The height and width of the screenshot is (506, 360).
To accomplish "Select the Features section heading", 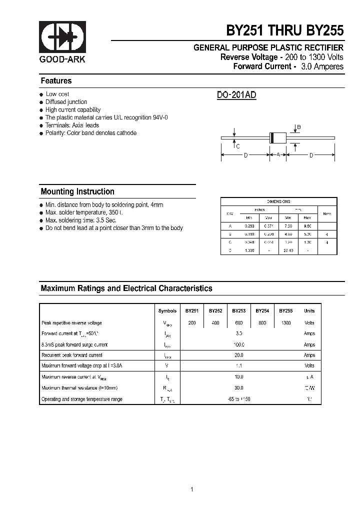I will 56,81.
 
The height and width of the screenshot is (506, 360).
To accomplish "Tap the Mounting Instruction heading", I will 77,191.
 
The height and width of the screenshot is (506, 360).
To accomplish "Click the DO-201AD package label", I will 236,95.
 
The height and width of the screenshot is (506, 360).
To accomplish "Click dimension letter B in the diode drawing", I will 299,127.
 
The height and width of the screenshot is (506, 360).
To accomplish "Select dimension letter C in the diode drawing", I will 238,146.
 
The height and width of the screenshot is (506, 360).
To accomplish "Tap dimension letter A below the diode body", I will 278,155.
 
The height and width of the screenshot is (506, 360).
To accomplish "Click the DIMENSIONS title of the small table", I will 278,201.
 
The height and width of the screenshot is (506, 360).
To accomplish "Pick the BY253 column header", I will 239,311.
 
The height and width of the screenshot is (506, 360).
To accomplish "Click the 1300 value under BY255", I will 285,323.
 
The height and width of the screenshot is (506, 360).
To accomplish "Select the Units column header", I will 309,311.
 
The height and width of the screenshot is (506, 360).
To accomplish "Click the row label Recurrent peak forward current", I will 72,355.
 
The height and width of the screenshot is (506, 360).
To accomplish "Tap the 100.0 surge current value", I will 239,344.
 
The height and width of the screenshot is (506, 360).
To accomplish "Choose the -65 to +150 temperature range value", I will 239,399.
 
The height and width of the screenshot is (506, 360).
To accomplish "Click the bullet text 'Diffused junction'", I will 66,102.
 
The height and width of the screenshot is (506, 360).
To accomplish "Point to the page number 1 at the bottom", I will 192,475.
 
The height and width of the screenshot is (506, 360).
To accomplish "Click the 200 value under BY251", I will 192,323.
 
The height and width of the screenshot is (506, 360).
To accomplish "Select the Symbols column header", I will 167,311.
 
